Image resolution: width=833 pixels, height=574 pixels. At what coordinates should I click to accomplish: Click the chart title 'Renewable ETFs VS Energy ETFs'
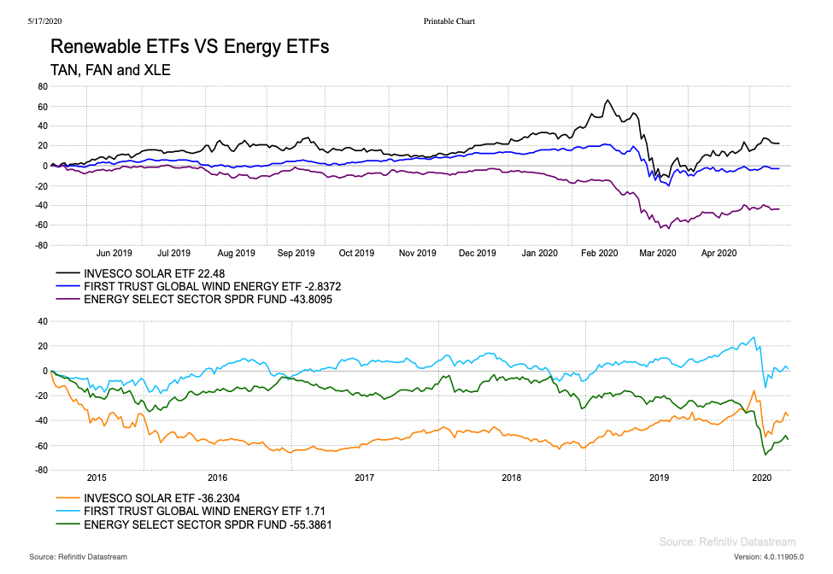(190, 47)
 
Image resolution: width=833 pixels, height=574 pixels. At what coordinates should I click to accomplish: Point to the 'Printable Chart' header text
(449, 20)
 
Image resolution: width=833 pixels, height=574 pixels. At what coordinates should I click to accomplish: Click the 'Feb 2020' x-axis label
(600, 253)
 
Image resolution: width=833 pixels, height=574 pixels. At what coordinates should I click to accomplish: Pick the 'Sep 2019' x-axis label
(297, 253)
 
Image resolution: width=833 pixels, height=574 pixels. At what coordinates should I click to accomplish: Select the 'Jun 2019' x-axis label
(114, 253)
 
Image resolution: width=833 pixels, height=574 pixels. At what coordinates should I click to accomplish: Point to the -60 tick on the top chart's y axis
(40, 225)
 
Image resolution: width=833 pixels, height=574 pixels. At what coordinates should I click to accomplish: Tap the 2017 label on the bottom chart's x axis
(365, 477)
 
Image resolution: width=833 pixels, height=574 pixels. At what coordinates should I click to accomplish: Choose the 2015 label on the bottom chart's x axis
(96, 477)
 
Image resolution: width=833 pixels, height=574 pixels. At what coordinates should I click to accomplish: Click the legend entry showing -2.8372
(200, 286)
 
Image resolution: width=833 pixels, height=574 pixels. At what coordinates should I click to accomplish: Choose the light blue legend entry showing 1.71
(191, 511)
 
